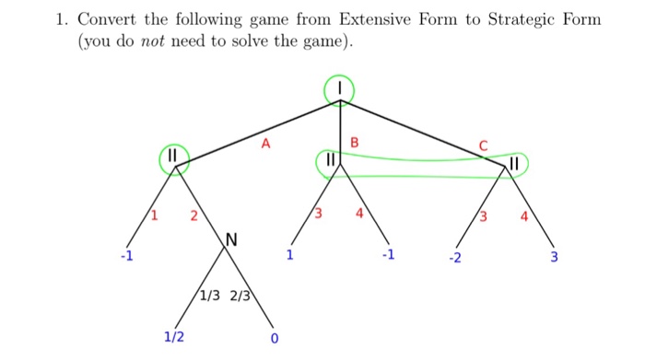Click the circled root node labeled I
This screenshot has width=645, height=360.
tap(339, 90)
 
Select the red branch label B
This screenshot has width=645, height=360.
tap(356, 142)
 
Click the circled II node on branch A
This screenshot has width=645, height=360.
tap(173, 159)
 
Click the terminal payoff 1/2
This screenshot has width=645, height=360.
tap(173, 337)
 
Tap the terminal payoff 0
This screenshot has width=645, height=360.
tap(274, 338)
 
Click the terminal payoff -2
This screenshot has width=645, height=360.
tap(454, 257)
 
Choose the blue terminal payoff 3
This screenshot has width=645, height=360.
tap(554, 257)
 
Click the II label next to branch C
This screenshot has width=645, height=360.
tap(515, 164)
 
